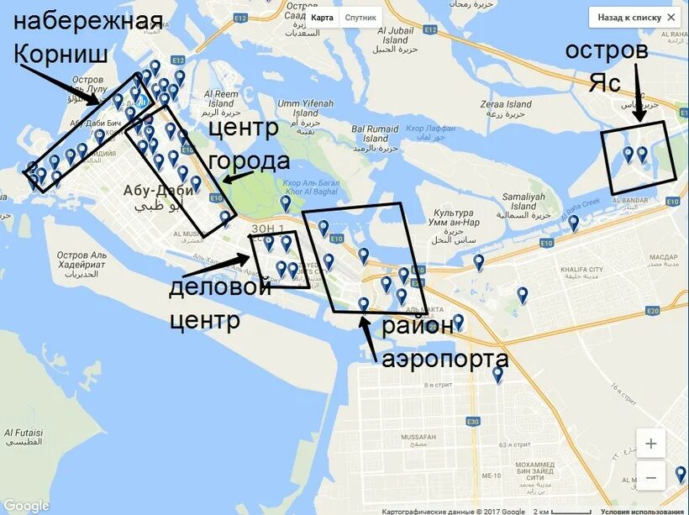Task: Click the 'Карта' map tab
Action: (x=322, y=17)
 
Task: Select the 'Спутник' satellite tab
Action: (x=360, y=17)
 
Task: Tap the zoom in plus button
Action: (x=650, y=443)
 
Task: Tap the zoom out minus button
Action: (x=650, y=478)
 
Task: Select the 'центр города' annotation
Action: (x=248, y=145)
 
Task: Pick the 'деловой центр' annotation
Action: (x=220, y=303)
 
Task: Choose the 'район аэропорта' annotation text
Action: (x=444, y=342)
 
